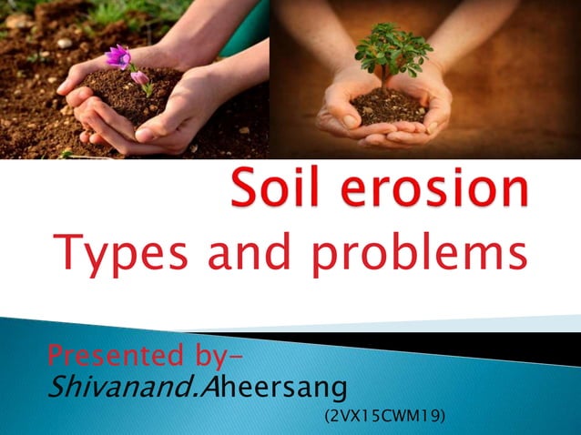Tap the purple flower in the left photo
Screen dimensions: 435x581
point(117,57)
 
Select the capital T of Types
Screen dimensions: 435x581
point(67,251)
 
